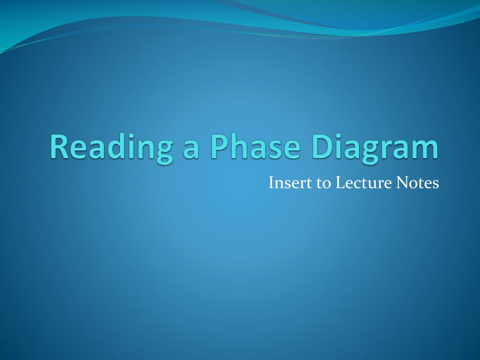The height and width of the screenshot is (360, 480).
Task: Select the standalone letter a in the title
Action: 191,150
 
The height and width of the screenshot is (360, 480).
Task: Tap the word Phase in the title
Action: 255,146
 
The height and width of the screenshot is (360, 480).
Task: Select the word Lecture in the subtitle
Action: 364,183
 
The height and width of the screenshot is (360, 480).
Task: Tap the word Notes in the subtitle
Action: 418,183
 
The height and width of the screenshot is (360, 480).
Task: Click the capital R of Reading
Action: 60,146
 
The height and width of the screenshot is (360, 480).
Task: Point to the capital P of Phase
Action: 220,146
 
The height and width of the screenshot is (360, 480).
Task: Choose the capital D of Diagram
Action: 322,146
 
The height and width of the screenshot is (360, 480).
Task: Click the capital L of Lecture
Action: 340,183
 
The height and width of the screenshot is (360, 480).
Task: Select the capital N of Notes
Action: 403,183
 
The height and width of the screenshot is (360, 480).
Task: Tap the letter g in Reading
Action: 165,152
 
